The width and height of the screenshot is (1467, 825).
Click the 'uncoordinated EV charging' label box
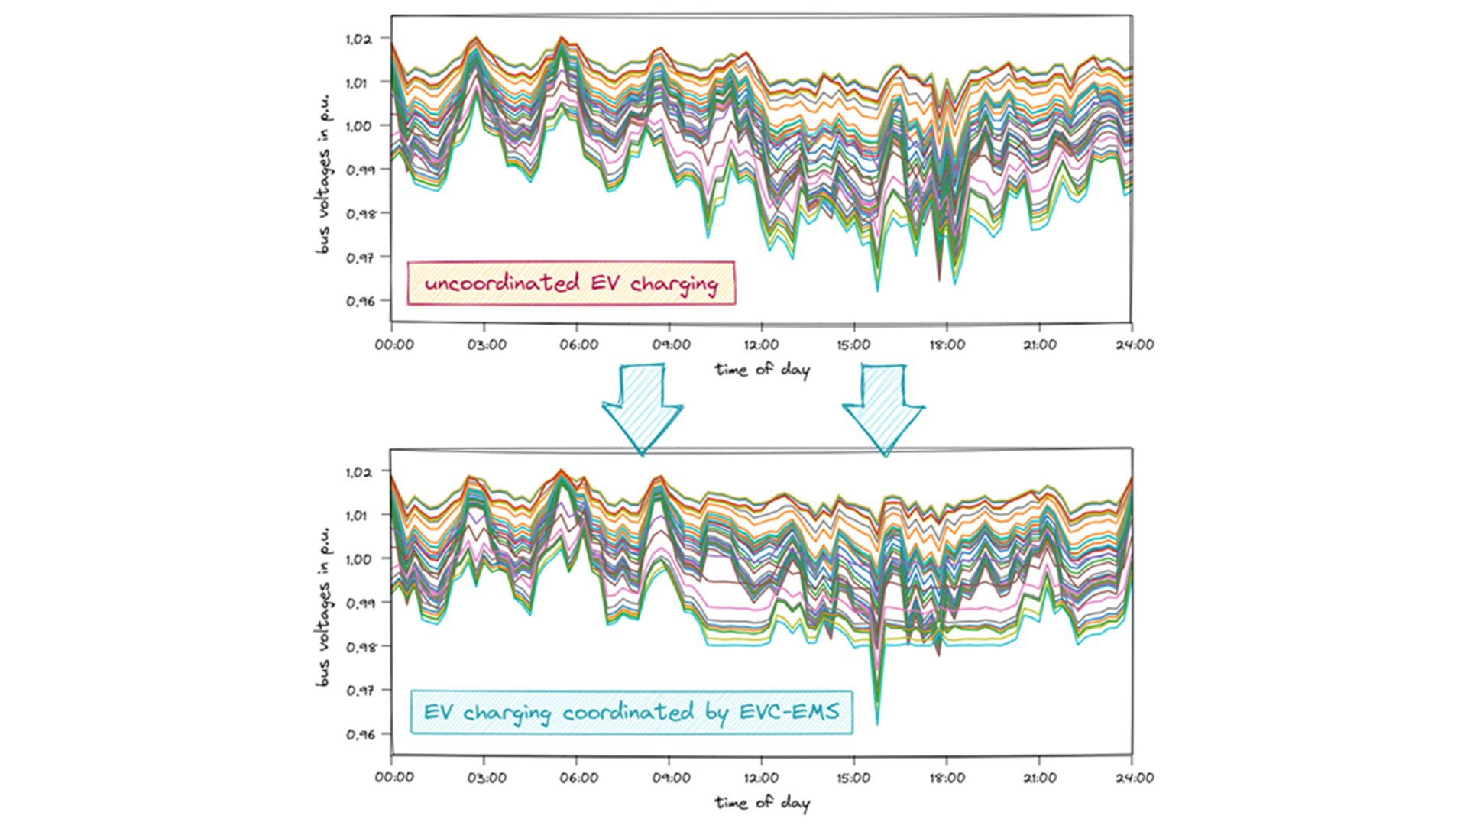(571, 283)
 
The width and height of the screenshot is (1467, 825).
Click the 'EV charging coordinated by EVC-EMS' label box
(631, 713)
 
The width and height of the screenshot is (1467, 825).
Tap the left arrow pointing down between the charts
(643, 409)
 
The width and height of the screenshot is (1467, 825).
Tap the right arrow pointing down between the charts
(884, 409)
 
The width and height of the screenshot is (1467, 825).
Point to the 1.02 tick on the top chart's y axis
(358, 39)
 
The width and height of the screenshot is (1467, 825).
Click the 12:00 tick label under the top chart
(761, 345)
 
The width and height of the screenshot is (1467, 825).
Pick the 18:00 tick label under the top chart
(947, 345)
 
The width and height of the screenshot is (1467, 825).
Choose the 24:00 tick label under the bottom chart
(1134, 778)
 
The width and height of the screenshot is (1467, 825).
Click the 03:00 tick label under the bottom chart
(487, 778)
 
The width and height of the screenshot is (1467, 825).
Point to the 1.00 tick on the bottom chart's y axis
(358, 559)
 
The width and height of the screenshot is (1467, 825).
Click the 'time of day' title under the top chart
(762, 370)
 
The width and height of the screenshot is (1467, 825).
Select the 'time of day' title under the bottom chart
(762, 803)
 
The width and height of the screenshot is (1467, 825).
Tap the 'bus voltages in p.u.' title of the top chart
(324, 174)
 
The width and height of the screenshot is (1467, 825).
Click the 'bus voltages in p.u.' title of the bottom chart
(324, 607)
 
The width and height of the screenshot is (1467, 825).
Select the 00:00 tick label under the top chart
(394, 345)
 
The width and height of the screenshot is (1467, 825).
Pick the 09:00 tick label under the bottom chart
(671, 778)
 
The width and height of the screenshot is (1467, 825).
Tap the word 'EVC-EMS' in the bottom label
(789, 712)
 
